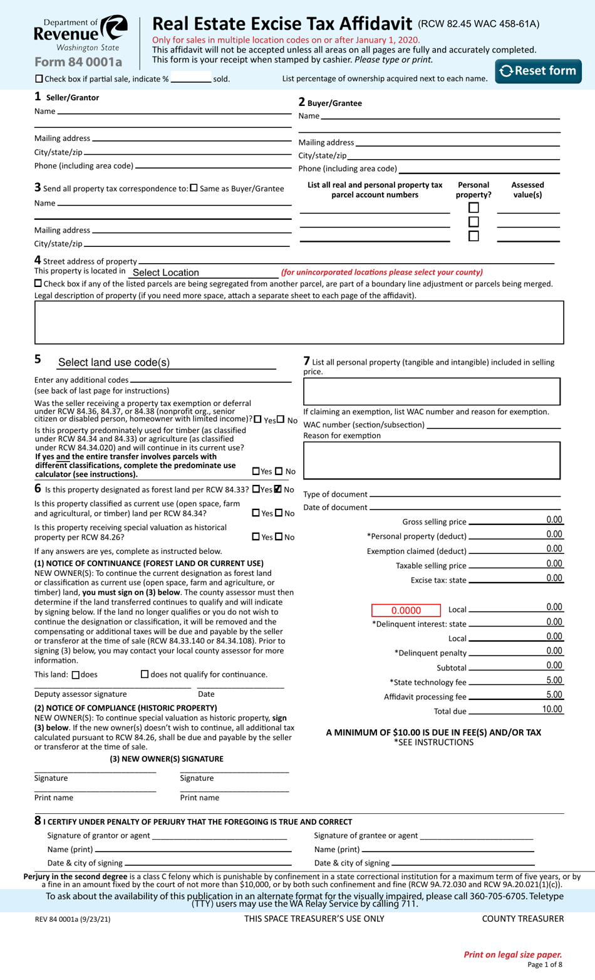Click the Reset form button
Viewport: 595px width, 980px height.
538,71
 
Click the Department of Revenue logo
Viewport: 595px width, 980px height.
81,34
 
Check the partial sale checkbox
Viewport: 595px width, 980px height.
39,79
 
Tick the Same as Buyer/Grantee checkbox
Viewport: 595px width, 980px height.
194,188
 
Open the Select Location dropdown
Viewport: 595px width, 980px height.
204,273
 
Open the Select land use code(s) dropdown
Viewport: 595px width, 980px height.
166,363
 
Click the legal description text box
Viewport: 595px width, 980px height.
299,322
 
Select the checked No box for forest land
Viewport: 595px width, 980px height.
278,489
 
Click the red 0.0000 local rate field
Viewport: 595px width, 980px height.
406,610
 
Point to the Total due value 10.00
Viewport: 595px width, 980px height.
552,709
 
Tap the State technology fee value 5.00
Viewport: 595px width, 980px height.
554,680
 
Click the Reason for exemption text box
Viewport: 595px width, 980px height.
432,461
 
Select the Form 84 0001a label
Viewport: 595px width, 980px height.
78,62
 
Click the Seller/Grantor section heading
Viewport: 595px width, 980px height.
71,98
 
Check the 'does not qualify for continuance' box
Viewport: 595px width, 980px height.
145,674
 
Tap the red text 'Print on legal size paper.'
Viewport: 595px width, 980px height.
512,954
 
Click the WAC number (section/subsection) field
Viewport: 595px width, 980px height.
492,424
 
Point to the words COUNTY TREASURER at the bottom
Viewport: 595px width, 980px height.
522,919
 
